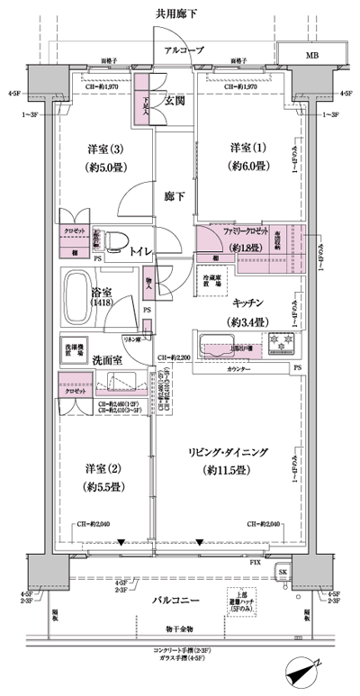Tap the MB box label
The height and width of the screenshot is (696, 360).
click(311, 55)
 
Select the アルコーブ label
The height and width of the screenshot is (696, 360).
click(184, 50)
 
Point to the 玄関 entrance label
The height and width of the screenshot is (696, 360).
click(173, 101)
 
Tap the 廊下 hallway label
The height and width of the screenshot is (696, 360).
click(173, 193)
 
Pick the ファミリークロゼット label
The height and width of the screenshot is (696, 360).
click(247, 230)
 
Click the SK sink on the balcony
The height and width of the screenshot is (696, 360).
click(282, 573)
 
